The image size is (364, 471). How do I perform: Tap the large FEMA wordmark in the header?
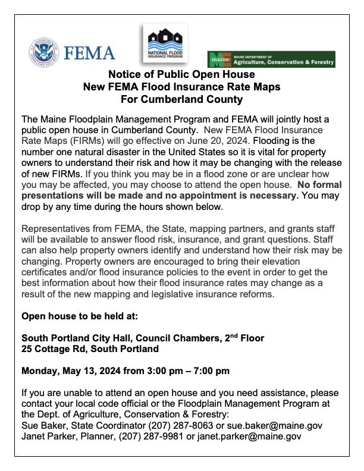coord(89,53)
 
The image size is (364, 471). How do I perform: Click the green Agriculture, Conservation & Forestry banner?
coord(271,59)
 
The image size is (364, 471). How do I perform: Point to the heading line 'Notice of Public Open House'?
coord(181,75)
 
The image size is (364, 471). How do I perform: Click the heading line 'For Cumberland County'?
coord(181,99)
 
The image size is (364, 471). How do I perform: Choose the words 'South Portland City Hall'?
coord(75,338)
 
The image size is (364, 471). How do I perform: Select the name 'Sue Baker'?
coord(43,425)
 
